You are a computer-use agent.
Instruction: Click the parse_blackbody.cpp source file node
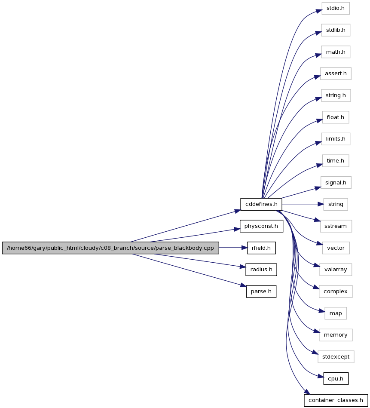point(110,248)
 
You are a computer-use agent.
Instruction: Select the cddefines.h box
point(261,204)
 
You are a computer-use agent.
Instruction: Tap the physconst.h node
point(261,226)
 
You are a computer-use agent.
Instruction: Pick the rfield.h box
point(261,248)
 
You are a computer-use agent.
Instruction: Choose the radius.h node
point(261,270)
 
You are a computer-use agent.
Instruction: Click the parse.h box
point(261,291)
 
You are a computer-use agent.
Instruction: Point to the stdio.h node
point(336,8)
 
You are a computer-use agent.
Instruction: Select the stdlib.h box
point(336,30)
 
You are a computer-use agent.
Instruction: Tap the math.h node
point(336,52)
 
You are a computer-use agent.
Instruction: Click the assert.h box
point(336,74)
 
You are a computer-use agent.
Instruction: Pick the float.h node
point(336,117)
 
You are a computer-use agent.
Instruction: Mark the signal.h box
point(336,183)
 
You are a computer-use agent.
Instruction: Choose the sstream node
point(336,226)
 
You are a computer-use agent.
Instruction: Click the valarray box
point(336,270)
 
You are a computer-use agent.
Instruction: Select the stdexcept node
point(336,357)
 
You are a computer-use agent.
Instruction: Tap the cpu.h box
point(336,379)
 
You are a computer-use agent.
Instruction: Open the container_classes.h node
point(336,400)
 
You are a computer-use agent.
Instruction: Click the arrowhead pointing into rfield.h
point(244,248)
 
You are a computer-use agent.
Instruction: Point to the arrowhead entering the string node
point(321,204)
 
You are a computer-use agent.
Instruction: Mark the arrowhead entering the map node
point(321,311)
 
